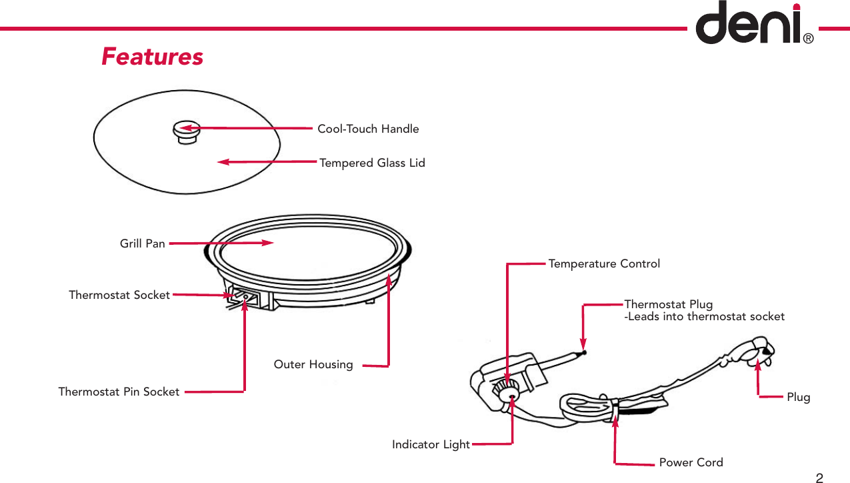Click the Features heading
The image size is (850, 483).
(x=152, y=57)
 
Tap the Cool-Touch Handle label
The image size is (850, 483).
(x=368, y=129)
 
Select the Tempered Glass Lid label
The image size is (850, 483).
(x=372, y=163)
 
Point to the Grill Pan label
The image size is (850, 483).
(x=142, y=244)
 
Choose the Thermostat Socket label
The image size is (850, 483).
(x=119, y=294)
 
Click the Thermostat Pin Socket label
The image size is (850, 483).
(x=119, y=392)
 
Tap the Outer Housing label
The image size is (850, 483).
(x=313, y=364)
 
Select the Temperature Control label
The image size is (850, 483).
(x=604, y=264)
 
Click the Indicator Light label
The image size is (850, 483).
(x=431, y=444)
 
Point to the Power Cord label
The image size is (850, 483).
(x=691, y=462)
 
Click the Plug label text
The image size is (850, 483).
(x=799, y=397)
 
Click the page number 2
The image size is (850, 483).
(x=819, y=477)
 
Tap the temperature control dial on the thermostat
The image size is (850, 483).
(x=509, y=392)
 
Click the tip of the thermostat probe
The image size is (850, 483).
(x=584, y=352)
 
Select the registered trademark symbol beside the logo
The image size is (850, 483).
(x=808, y=39)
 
